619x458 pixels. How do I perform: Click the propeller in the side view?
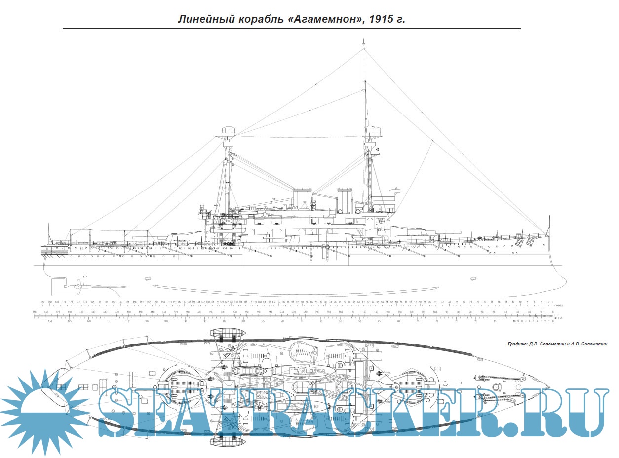(x=77, y=285)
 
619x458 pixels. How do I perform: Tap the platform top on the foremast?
(x=374, y=132)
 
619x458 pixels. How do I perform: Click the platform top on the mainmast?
(x=228, y=132)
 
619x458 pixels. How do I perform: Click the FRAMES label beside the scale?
(x=559, y=305)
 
